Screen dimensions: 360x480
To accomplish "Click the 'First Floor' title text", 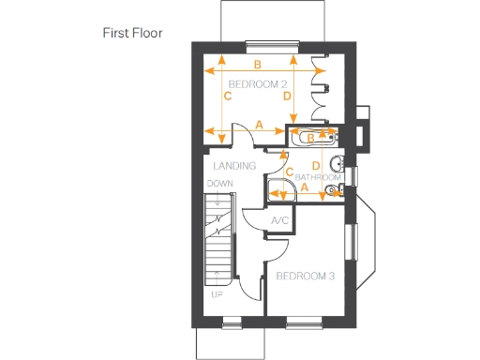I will pos(132,33).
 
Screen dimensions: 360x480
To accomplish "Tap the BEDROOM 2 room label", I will pos(258,84).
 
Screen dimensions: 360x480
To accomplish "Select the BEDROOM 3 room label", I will pos(305,276).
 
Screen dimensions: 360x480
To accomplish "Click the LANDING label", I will pos(234,166).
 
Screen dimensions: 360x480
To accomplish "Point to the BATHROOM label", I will pos(319,177).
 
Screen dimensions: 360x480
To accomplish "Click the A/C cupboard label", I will pos(279,220).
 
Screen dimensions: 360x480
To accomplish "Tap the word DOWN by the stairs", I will pos(219,184).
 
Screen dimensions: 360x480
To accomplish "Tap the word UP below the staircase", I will pos(218,292).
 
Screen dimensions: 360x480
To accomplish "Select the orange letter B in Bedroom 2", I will pos(257,65).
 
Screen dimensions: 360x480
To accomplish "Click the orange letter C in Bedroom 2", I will pos(228,96).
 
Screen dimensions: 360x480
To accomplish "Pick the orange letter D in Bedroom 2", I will pos(286,96).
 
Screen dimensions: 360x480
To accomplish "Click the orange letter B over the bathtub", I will pos(310,138).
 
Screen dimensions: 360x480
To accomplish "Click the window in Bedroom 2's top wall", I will pos(272,42).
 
